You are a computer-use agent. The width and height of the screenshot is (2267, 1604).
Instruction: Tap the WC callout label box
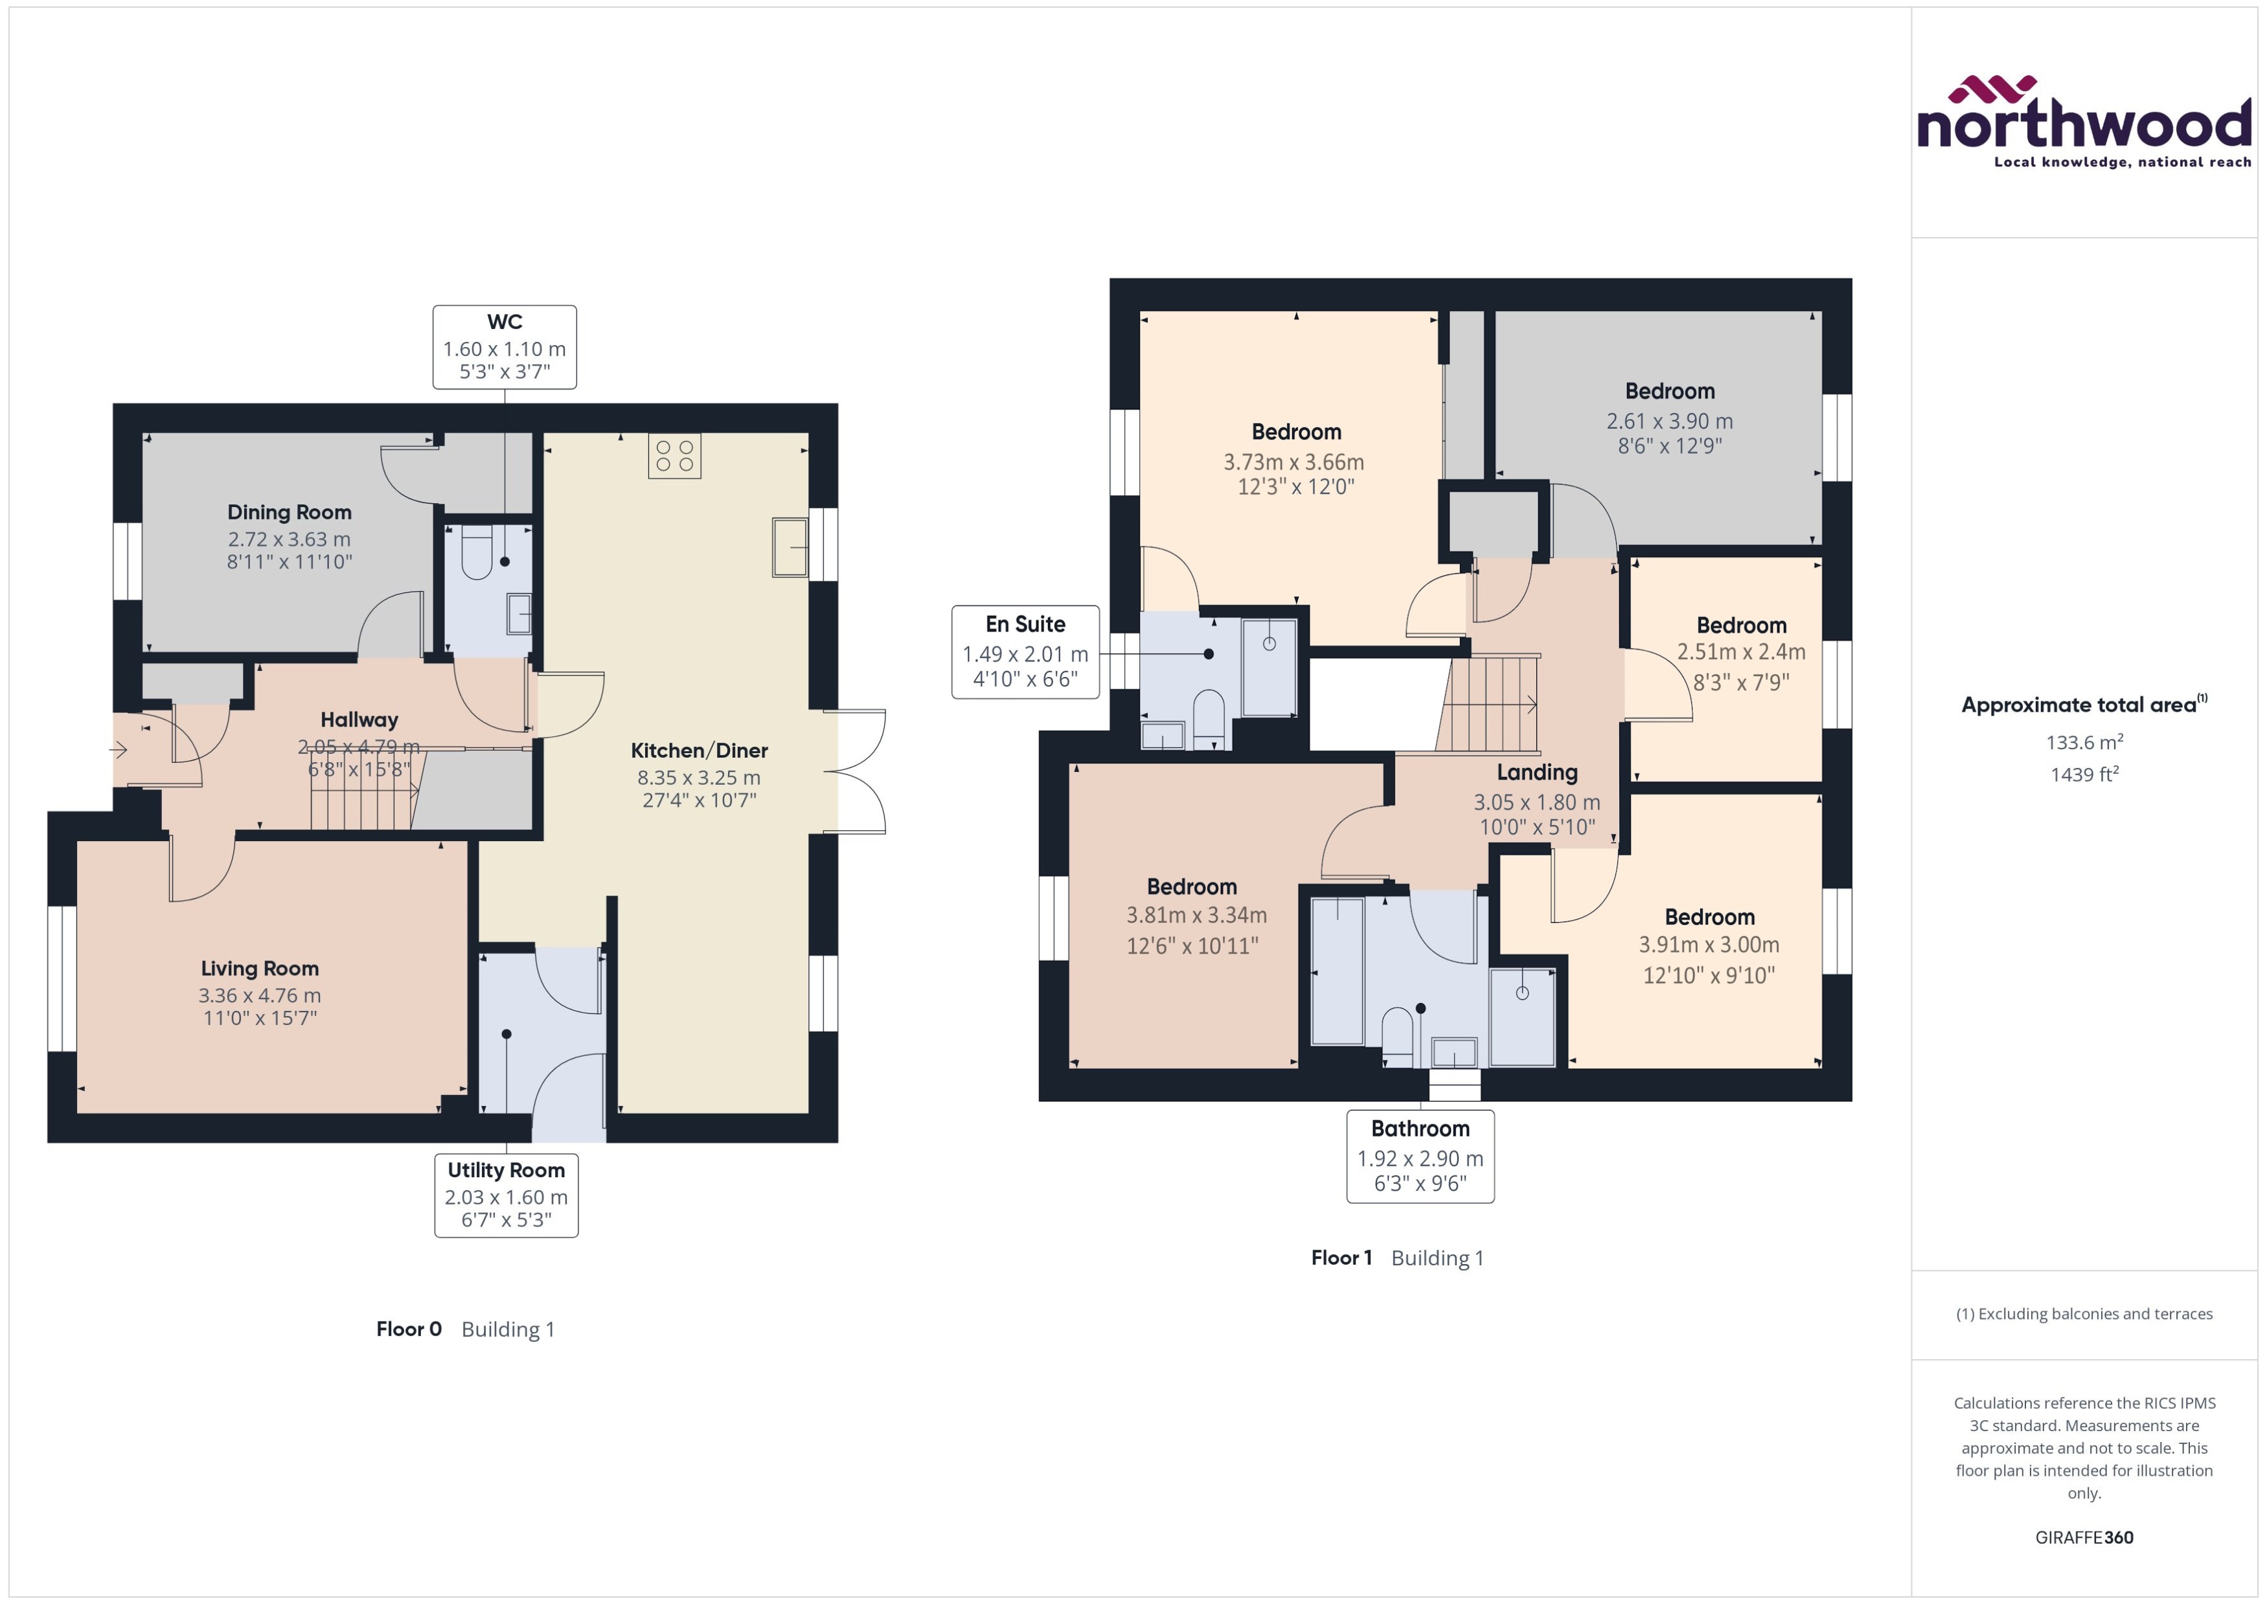pyautogui.click(x=504, y=346)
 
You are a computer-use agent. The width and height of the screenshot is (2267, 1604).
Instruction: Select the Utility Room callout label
pyautogui.click(x=506, y=1195)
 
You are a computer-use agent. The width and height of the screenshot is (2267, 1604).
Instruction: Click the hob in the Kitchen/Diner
pyautogui.click(x=675, y=455)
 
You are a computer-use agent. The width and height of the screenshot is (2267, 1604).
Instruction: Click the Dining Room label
pyautogui.click(x=290, y=512)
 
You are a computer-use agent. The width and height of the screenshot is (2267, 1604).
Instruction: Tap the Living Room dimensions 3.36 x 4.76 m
pyautogui.click(x=260, y=995)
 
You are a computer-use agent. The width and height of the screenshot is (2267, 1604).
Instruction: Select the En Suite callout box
pyautogui.click(x=1025, y=652)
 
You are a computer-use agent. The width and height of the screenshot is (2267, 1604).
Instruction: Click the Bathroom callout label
pyautogui.click(x=1420, y=1156)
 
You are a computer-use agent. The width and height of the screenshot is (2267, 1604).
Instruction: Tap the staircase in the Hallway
pyautogui.click(x=361, y=790)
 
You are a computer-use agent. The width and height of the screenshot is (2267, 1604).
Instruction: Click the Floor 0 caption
pyautogui.click(x=408, y=1328)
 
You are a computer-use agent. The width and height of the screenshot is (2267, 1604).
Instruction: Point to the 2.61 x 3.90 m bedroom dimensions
pyautogui.click(x=1669, y=421)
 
